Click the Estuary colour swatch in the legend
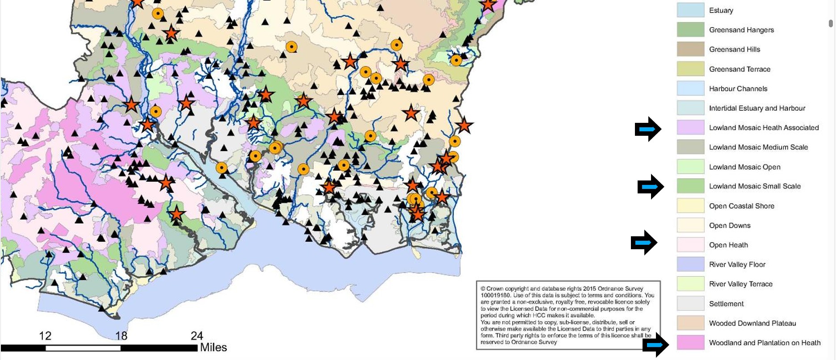coord(690,10)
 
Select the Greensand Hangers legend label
coord(741,30)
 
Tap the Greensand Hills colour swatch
coord(690,49)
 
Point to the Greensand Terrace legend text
coord(739,69)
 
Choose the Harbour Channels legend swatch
coord(690,88)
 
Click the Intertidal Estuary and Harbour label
coord(757,108)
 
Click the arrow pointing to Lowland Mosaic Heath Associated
coord(648,129)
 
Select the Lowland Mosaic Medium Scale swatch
coord(690,147)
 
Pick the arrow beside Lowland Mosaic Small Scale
coord(651,186)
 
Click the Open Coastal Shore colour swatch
coord(690,206)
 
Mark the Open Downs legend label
coord(730,226)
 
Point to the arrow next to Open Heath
coord(644,243)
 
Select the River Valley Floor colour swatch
coord(690,264)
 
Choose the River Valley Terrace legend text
coord(740,284)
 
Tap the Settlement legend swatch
coord(690,304)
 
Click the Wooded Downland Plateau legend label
coord(752,323)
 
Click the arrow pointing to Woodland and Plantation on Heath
coord(655,344)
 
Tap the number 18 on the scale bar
coord(121,335)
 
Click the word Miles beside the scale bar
coord(213,347)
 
